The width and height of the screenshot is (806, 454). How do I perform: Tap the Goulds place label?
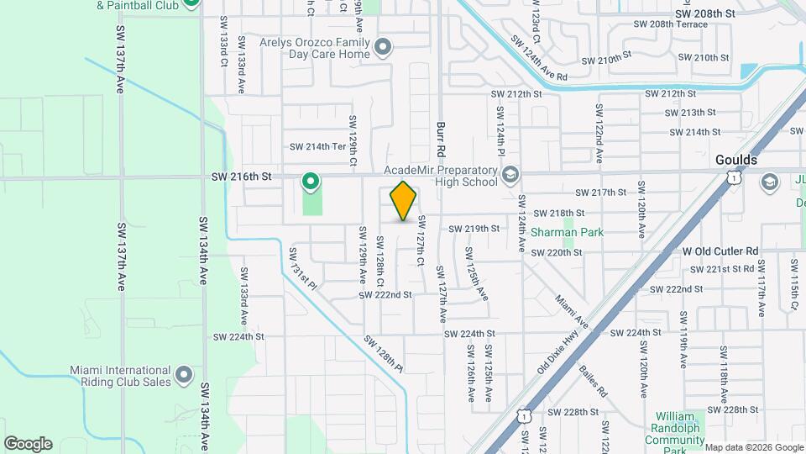(736, 160)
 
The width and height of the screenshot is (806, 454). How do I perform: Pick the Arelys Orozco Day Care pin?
(384, 47)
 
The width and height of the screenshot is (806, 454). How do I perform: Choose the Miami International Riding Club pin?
(185, 373)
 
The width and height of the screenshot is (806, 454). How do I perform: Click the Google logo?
(27, 444)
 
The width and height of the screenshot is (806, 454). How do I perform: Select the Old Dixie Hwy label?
(559, 350)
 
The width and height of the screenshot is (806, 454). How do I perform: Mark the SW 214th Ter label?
(318, 146)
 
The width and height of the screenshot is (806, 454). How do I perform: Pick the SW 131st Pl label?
(303, 268)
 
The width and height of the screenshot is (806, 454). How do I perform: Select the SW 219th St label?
(474, 229)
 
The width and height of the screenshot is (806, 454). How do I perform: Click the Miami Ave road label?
(572, 311)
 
